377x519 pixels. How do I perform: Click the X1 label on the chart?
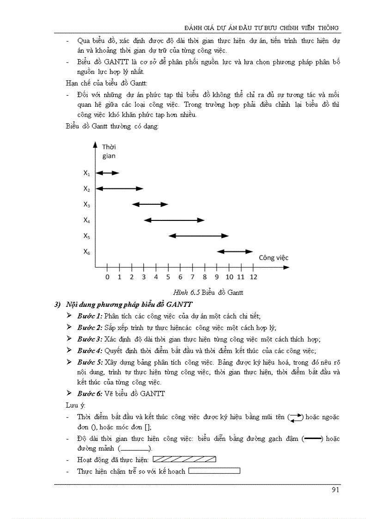pyautogui.click(x=86, y=173)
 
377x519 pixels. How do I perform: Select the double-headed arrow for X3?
pyautogui.click(x=150, y=204)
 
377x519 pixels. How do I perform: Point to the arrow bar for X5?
pyautogui.click(x=198, y=236)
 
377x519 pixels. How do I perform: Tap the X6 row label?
pyautogui.click(x=86, y=252)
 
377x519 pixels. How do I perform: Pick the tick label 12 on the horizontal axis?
pyautogui.click(x=253, y=277)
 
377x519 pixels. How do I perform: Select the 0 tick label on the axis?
pyautogui.click(x=107, y=277)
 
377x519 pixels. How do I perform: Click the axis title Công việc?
pyautogui.click(x=274, y=257)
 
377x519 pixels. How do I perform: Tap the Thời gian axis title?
pyautogui.click(x=109, y=151)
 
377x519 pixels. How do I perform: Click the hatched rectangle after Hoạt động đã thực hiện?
pyautogui.click(x=184, y=459)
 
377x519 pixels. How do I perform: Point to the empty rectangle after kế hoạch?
pyautogui.click(x=214, y=471)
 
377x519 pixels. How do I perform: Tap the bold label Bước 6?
pyautogui.click(x=90, y=393)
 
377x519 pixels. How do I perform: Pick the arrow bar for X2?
pyautogui.click(x=120, y=189)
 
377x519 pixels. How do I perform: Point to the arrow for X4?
pyautogui.click(x=174, y=220)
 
